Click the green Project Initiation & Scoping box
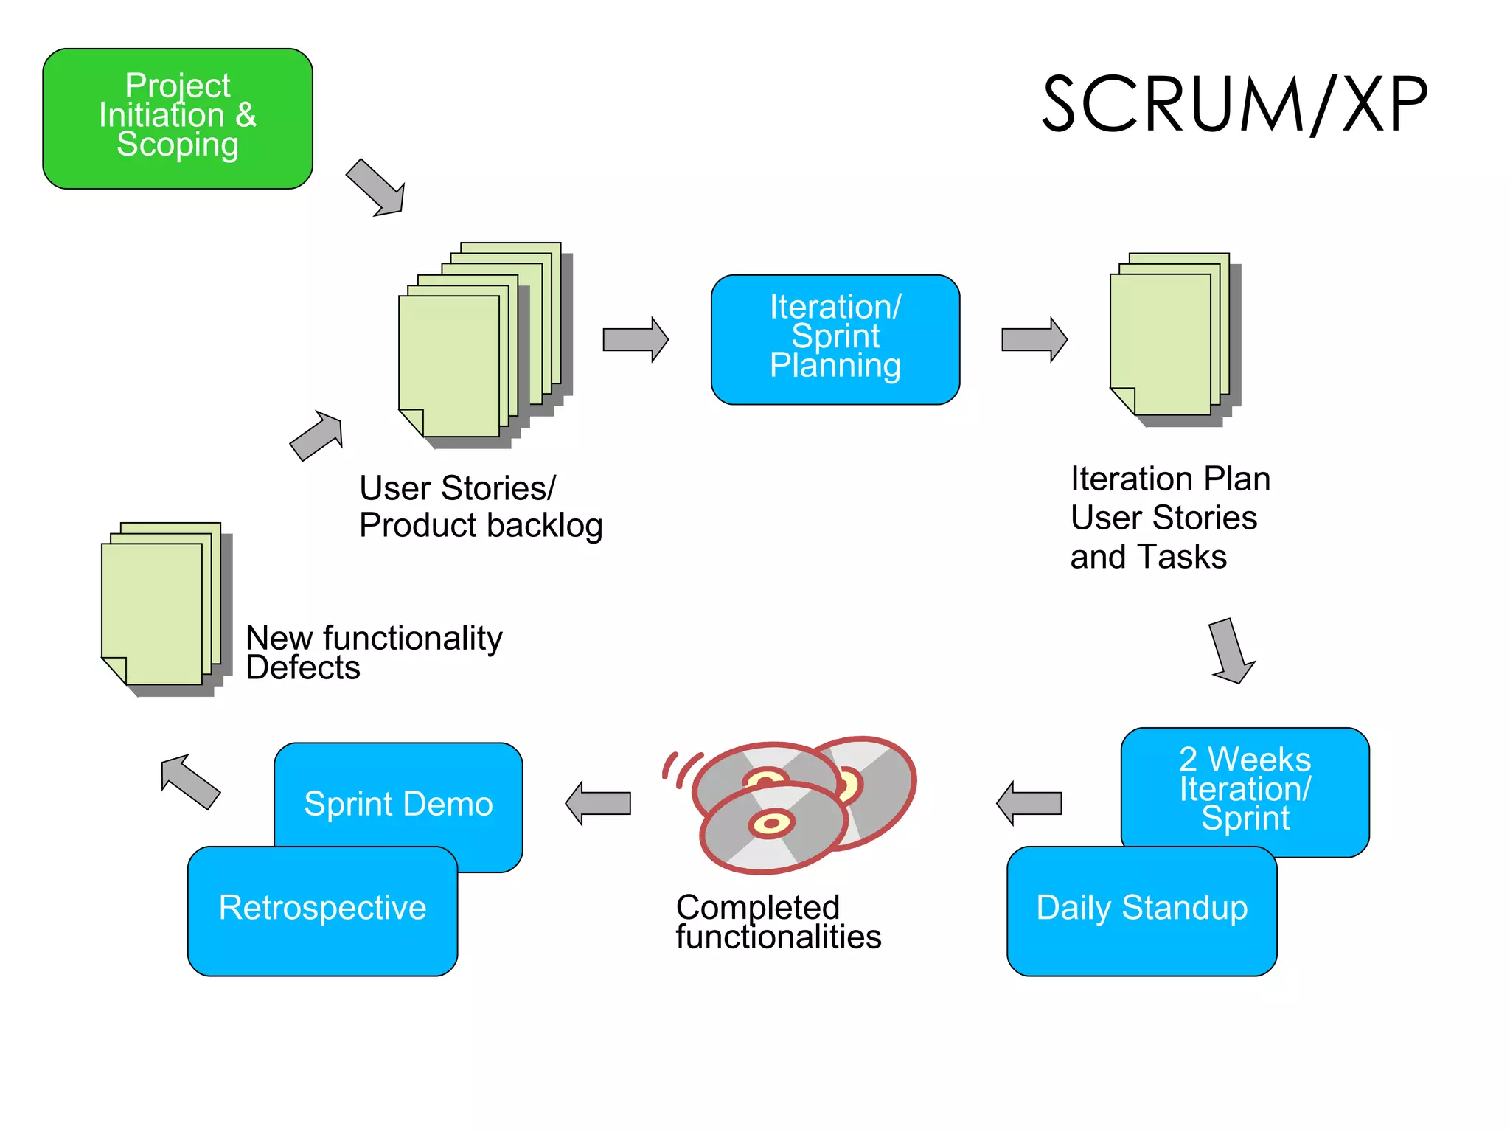(177, 118)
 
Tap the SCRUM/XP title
(1234, 105)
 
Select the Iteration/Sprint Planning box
(835, 338)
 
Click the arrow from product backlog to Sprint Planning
(635, 339)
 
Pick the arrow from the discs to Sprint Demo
(599, 802)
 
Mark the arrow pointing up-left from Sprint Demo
(189, 782)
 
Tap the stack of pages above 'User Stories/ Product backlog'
(472, 347)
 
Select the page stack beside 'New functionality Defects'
(159, 608)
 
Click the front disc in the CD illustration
(772, 826)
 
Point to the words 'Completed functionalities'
(778, 922)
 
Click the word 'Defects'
(302, 668)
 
